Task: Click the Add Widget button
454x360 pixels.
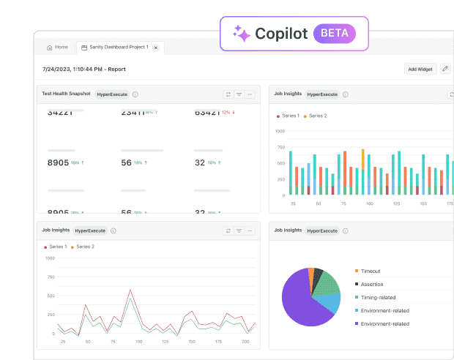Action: point(421,69)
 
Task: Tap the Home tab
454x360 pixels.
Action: point(57,48)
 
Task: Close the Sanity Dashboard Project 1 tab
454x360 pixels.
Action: point(155,48)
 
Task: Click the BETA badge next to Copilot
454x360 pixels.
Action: point(335,34)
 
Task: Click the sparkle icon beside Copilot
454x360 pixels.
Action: point(241,34)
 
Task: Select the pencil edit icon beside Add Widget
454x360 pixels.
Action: point(445,69)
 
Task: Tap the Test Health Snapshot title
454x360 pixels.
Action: point(66,94)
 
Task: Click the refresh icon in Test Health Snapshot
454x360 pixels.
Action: point(228,94)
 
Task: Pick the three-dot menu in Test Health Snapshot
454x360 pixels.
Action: point(250,94)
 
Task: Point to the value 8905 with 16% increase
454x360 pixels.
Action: point(59,162)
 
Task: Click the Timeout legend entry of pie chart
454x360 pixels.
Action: point(370,271)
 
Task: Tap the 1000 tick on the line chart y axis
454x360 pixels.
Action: point(50,258)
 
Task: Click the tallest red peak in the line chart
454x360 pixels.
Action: point(130,291)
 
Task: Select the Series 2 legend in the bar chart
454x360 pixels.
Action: point(317,116)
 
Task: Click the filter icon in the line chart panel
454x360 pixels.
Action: point(239,230)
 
